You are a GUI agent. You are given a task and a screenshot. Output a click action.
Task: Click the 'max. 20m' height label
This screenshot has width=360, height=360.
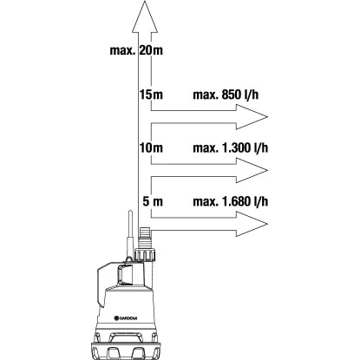click(x=136, y=50)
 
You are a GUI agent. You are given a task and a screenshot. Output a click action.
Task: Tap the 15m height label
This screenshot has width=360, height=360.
click(x=151, y=95)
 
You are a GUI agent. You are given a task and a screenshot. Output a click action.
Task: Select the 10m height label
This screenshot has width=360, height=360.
click(x=151, y=147)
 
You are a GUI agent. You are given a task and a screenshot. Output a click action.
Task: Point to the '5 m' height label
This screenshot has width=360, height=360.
click(x=153, y=201)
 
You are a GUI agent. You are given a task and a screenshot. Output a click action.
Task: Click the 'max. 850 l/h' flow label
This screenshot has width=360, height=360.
click(x=226, y=95)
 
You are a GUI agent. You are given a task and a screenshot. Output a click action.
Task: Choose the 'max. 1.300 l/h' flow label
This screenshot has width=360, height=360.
click(x=231, y=147)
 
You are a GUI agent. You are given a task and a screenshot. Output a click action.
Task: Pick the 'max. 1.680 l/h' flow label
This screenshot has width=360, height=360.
click(x=231, y=201)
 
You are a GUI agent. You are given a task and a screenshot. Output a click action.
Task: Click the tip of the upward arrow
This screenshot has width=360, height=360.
click(x=145, y=1)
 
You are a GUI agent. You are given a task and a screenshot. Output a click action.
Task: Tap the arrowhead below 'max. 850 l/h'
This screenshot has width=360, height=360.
click(x=252, y=117)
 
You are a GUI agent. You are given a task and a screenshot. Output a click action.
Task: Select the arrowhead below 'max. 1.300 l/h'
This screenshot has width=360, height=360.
click(x=252, y=170)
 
